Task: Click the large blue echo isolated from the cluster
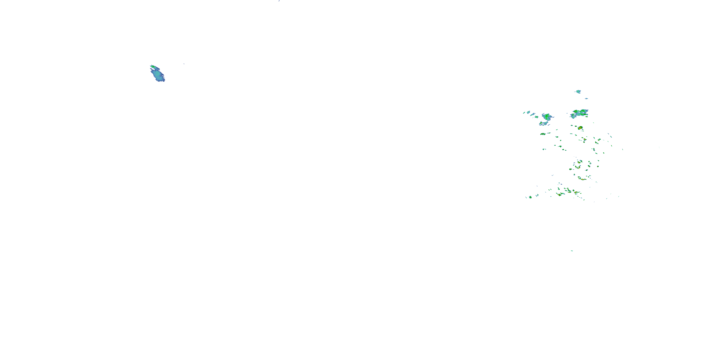click(158, 74)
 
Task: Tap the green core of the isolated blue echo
click(153, 67)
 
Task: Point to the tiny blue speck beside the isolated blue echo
click(184, 64)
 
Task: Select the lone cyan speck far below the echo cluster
click(572, 251)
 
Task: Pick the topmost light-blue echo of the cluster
click(578, 92)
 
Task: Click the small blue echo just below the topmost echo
click(586, 98)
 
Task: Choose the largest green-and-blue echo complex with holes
click(579, 113)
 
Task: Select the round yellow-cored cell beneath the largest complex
click(580, 128)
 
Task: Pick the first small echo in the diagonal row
click(524, 113)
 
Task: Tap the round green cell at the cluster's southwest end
click(530, 197)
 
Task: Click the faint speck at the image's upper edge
click(279, 1)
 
